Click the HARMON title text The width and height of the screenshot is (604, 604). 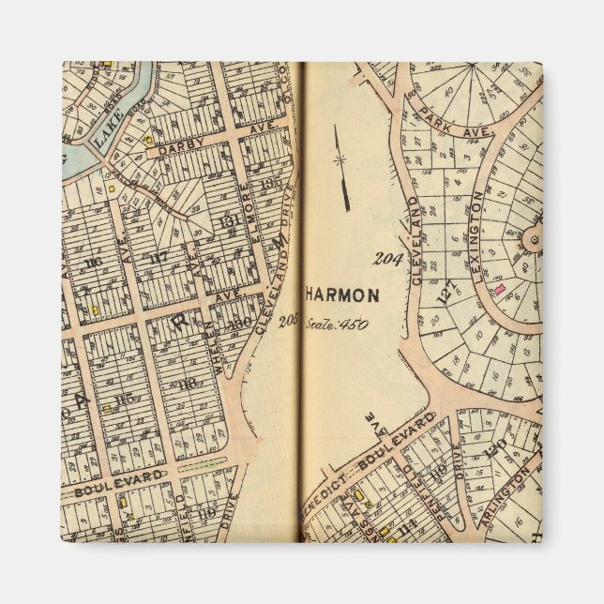pos(342,295)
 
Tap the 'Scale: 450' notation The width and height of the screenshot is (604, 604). pos(336,325)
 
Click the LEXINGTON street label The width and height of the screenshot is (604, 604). pos(477,225)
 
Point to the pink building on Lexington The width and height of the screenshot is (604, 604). pos(500,289)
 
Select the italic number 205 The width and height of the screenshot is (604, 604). pos(288,322)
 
